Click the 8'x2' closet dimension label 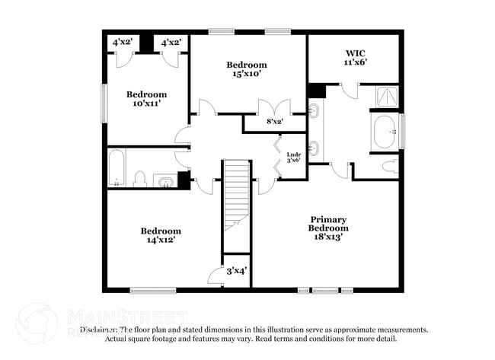pyautogui.click(x=275, y=121)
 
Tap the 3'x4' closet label pyautogui.click(x=237, y=271)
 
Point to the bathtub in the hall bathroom pyautogui.click(x=117, y=168)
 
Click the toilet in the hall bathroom pyautogui.click(x=139, y=179)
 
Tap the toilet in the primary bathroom pyautogui.click(x=391, y=167)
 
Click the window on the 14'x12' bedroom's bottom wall pyautogui.click(x=152, y=290)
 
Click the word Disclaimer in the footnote pyautogui.click(x=99, y=330)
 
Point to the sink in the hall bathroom pyautogui.click(x=164, y=180)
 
